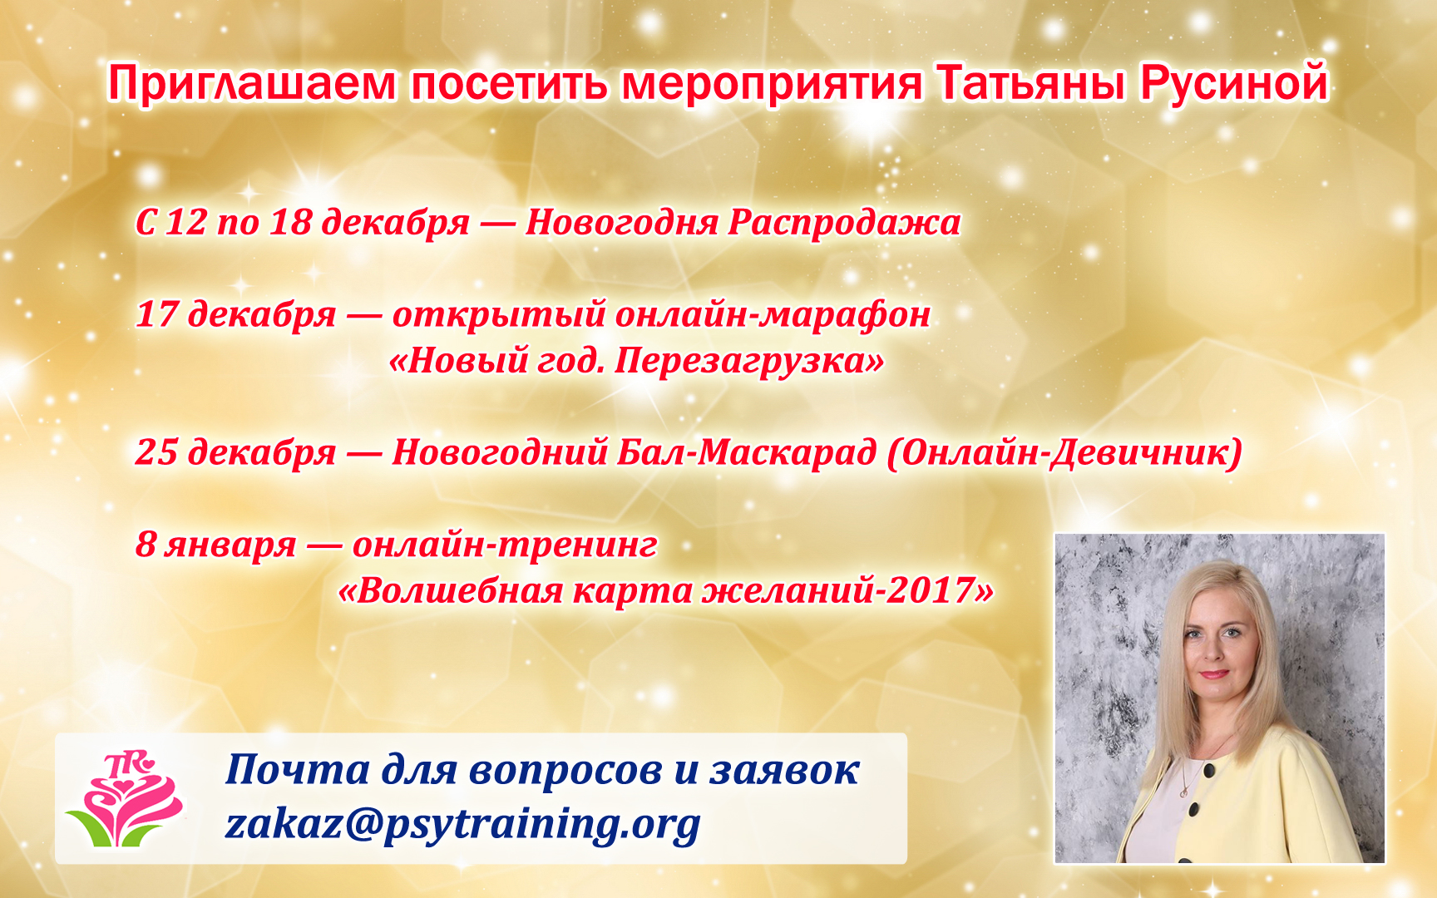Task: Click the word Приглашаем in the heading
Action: coord(252,85)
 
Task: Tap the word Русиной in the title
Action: coord(1233,85)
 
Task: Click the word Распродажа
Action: coord(844,223)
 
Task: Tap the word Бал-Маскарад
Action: coord(746,452)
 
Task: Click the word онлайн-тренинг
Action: coord(505,545)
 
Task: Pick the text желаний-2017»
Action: coord(848,591)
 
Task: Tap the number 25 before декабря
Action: coord(156,452)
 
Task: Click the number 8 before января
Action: coord(146,545)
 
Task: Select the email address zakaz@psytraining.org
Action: coord(462,825)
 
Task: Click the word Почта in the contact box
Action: coord(297,769)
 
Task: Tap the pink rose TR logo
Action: coord(126,799)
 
